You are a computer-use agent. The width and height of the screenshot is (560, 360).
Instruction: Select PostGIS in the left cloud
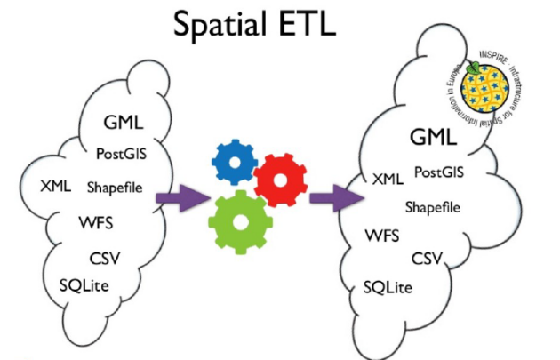coord(121,153)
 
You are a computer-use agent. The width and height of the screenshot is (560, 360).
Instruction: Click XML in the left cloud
coord(57,186)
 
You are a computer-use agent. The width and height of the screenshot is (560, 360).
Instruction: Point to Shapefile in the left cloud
coord(116,188)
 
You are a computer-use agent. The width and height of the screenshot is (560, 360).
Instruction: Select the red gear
coord(280,178)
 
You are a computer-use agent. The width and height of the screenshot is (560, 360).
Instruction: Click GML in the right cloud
coord(433,138)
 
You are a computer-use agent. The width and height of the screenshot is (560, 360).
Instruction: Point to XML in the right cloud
coord(388,180)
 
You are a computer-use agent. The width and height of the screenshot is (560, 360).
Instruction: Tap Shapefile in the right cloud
coord(432,207)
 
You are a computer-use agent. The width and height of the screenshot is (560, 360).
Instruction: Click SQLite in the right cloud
coord(390,287)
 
